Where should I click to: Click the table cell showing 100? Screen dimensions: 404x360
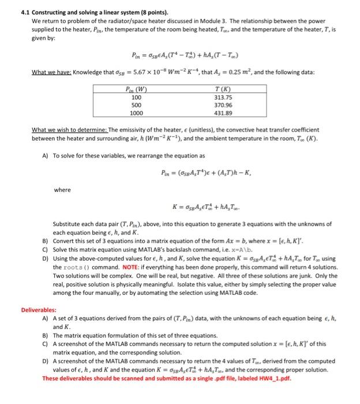(x=136, y=98)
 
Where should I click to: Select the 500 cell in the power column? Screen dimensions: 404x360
(x=136, y=106)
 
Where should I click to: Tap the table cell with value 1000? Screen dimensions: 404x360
(x=136, y=114)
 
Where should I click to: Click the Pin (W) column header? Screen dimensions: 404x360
(x=136, y=89)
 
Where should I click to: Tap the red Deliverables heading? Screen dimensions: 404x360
(x=39, y=309)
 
